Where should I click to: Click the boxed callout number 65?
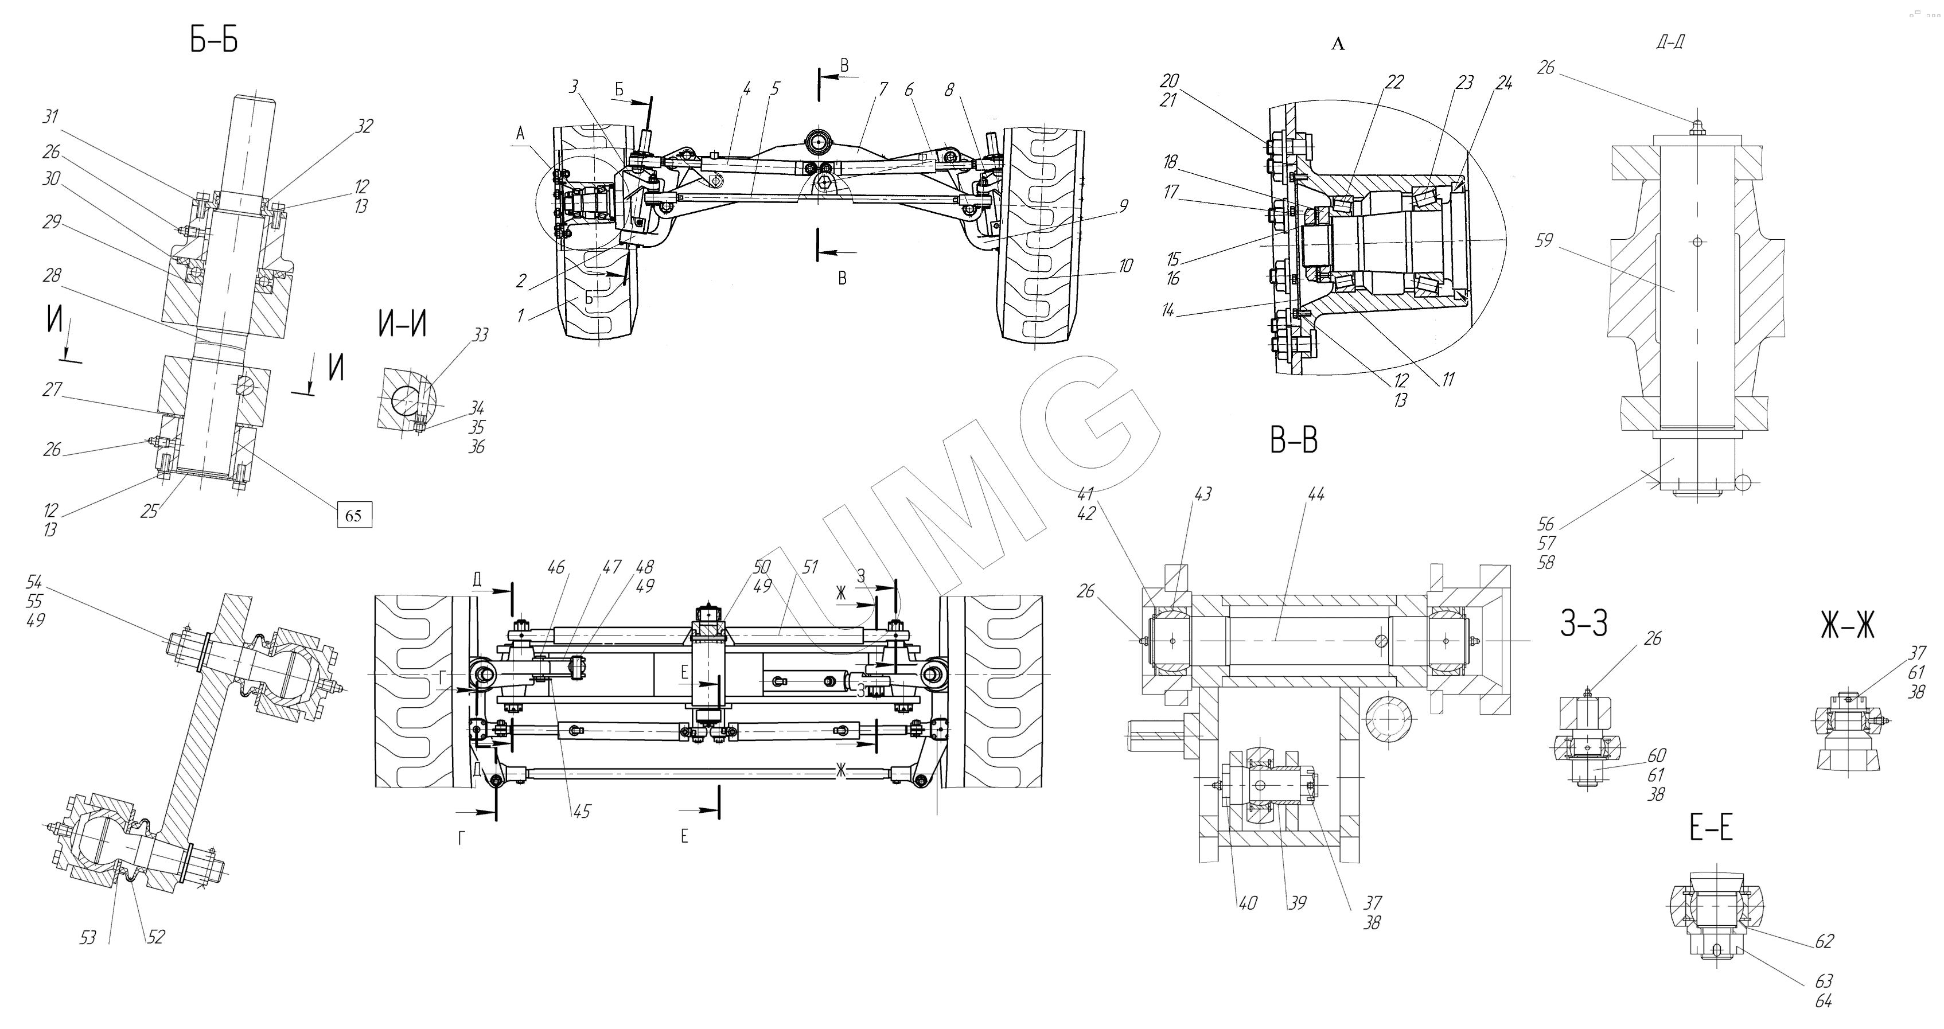(x=353, y=515)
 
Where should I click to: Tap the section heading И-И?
(x=402, y=325)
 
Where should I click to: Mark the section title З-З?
(x=1583, y=624)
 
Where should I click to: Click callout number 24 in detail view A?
(x=1503, y=84)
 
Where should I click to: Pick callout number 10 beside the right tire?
(x=1125, y=266)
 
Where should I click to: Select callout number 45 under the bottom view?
(x=581, y=812)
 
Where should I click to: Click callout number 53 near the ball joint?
(x=88, y=938)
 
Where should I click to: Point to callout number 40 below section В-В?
(x=1248, y=902)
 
